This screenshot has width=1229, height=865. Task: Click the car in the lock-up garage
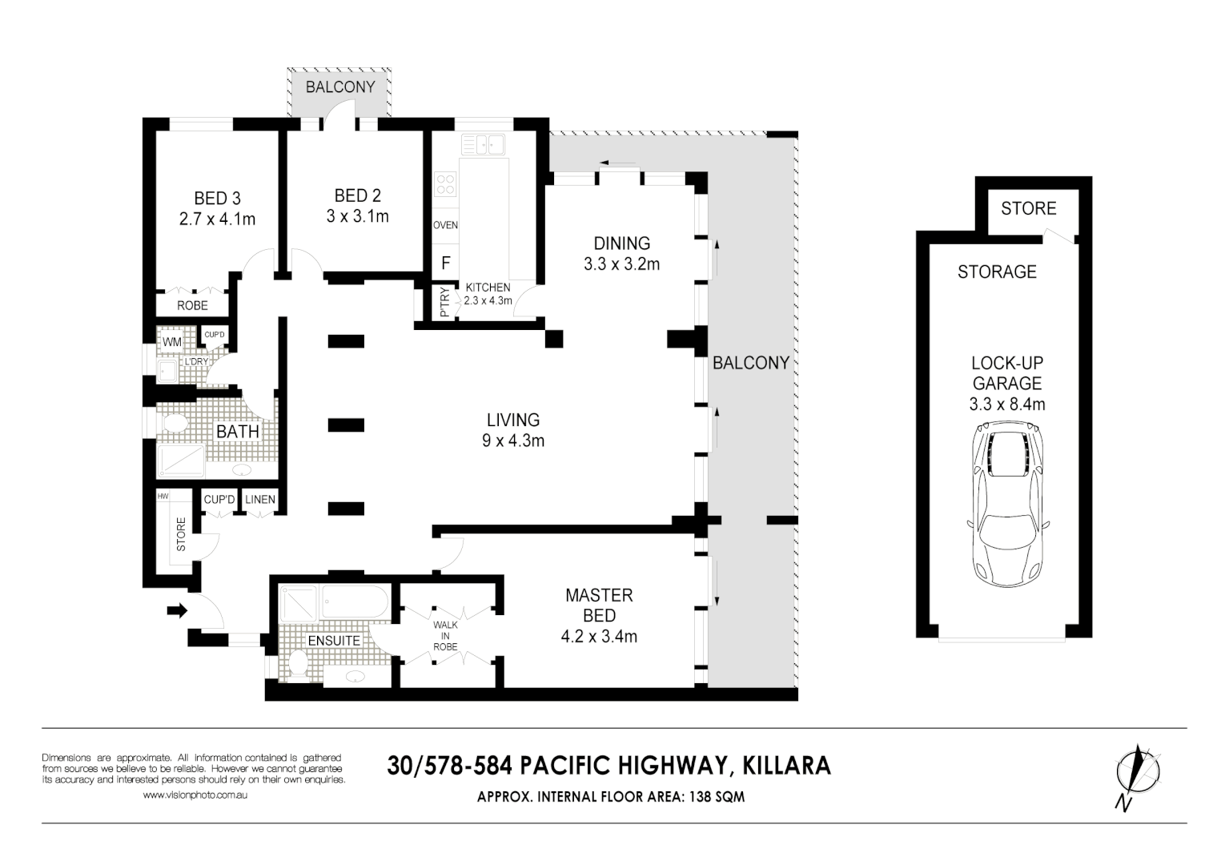point(1007,505)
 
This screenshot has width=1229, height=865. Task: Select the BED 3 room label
point(217,198)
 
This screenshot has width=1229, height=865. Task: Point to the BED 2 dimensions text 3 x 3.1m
point(357,216)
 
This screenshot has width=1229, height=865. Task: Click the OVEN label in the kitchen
point(445,225)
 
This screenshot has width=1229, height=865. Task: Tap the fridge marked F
point(445,263)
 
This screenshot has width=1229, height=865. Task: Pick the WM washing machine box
point(171,342)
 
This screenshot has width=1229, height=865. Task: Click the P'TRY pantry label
point(444,302)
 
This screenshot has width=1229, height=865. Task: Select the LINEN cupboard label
point(260,500)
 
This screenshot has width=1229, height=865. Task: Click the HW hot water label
point(163,497)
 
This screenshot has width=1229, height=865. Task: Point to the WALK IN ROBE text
point(445,636)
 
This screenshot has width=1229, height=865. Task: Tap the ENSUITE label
point(334,641)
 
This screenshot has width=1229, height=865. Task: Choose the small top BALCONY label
point(340,86)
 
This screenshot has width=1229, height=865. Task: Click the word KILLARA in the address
point(787,766)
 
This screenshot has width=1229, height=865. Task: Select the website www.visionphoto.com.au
point(195,795)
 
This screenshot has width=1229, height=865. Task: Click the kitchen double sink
point(483,145)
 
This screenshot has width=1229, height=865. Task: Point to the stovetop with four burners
point(445,184)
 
